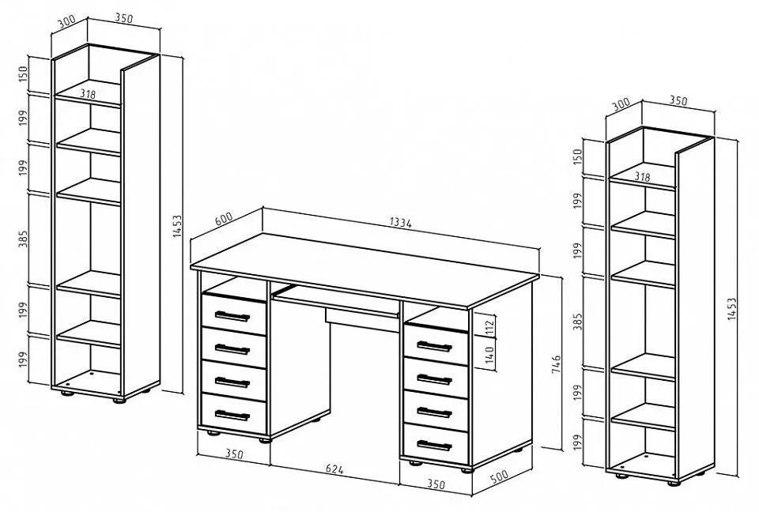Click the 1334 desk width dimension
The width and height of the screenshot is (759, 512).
400,223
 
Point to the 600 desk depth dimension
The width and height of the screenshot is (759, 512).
224,218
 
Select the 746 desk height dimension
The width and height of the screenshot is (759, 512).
556,364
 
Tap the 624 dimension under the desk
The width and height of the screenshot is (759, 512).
334,469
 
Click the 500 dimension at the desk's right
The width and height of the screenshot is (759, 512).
499,476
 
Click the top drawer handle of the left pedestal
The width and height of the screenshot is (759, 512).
232,316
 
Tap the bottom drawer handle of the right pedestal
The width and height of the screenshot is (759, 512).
434,445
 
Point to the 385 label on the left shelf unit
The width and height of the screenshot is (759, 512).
23,239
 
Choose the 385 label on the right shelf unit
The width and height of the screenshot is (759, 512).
577,322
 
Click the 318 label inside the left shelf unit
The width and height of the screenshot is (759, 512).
88,94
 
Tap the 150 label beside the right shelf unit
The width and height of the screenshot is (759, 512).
577,156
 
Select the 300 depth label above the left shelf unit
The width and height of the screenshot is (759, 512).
66,22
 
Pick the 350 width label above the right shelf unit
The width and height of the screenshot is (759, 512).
678,100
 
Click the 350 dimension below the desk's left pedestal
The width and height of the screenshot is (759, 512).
234,454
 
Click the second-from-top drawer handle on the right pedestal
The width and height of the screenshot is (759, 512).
434,379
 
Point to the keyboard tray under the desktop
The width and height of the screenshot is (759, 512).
337,299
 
